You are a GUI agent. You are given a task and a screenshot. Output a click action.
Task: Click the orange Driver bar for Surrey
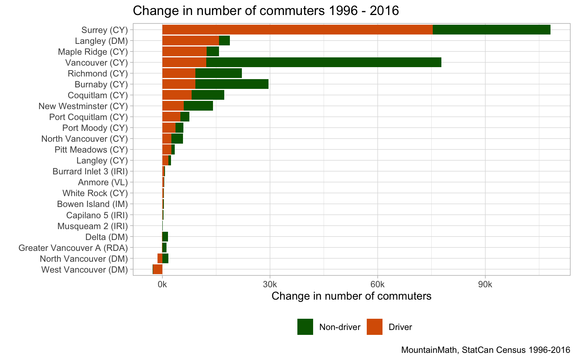point(297,30)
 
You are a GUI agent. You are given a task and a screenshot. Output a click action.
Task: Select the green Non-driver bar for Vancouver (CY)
point(324,62)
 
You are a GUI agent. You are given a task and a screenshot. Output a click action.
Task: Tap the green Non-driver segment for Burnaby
point(232,84)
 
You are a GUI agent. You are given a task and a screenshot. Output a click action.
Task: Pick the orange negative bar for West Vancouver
point(157,269)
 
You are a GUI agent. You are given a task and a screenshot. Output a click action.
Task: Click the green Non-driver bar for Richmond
point(219,73)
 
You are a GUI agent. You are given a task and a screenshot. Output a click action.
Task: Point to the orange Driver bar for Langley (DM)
point(190,40)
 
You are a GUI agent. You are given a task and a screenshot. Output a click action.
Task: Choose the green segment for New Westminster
point(198,106)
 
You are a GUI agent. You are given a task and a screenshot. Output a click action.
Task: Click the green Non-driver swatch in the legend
point(305,327)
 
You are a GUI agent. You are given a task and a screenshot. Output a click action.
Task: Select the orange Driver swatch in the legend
point(374,327)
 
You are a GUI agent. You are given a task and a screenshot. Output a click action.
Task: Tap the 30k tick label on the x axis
point(270,285)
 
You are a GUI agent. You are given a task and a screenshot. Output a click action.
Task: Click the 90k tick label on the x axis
point(485,285)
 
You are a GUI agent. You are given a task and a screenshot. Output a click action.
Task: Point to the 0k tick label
point(162,285)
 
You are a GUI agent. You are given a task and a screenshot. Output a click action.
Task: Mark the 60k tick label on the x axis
point(377,285)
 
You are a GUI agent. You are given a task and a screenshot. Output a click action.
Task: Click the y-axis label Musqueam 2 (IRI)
point(93,226)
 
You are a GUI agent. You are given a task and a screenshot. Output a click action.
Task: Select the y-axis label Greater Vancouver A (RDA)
point(73,248)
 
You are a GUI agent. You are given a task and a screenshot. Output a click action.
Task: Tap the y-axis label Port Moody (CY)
point(95,128)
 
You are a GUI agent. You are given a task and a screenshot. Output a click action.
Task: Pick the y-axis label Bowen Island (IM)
point(92,204)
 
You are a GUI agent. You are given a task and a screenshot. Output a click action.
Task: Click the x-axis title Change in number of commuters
point(351,296)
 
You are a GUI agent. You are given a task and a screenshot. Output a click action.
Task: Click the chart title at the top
point(265,10)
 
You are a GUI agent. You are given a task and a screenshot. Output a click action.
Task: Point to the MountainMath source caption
point(485,350)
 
